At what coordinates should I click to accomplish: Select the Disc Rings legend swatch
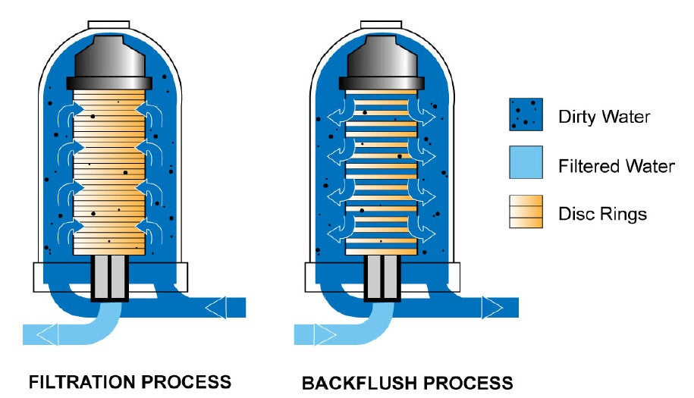point(526,212)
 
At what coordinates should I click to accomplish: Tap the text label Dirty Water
point(605,117)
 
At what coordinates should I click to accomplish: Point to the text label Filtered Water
point(616,165)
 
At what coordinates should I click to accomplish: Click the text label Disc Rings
point(602,214)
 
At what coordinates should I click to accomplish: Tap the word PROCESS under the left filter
point(184,381)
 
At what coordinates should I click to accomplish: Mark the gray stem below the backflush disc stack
point(382,277)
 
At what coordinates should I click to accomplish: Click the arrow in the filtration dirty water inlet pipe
point(215,307)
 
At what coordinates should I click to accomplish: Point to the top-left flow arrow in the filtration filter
point(71,114)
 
